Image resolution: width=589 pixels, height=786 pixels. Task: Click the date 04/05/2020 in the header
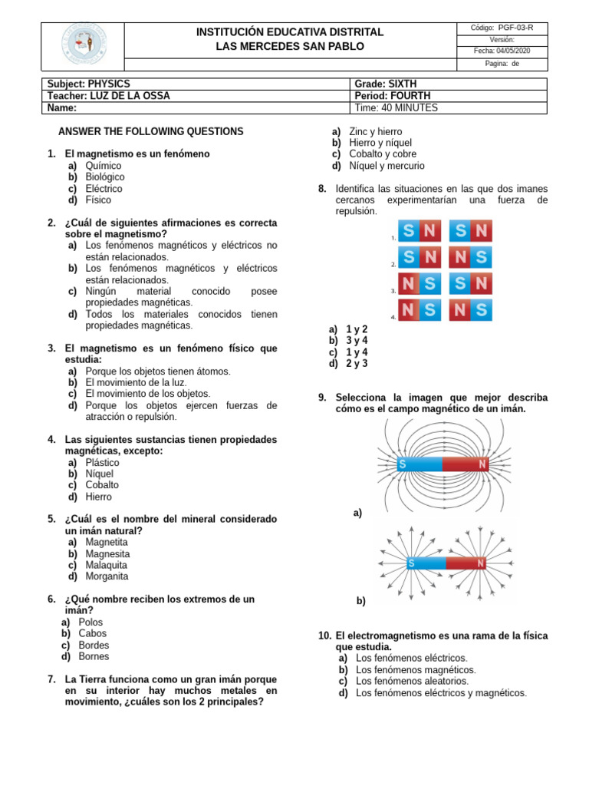(x=502, y=51)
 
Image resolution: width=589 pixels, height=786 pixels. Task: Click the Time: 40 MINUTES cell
(x=396, y=108)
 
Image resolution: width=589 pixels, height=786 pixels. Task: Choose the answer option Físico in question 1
(x=98, y=200)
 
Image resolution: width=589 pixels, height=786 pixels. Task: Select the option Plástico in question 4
(x=102, y=463)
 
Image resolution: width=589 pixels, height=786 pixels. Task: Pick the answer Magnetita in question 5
(x=107, y=542)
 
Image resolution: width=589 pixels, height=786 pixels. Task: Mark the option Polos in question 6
(x=90, y=623)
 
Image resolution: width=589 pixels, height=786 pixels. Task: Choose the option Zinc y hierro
(x=375, y=132)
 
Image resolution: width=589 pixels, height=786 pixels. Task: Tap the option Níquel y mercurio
(x=387, y=166)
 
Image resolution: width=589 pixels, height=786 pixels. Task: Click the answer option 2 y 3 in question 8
(x=357, y=364)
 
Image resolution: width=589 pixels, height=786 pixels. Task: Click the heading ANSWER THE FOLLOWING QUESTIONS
(x=151, y=131)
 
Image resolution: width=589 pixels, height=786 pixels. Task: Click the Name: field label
(x=62, y=108)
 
